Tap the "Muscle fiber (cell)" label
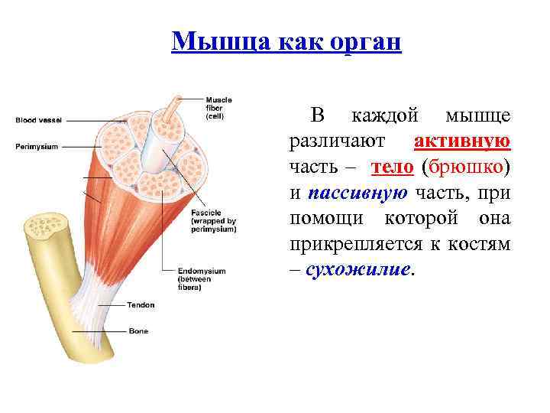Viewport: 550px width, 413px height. tap(218, 106)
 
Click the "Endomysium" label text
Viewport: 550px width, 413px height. tap(202, 271)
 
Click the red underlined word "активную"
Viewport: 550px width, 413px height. tap(462, 141)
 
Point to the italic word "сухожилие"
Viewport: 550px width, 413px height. tap(357, 270)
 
